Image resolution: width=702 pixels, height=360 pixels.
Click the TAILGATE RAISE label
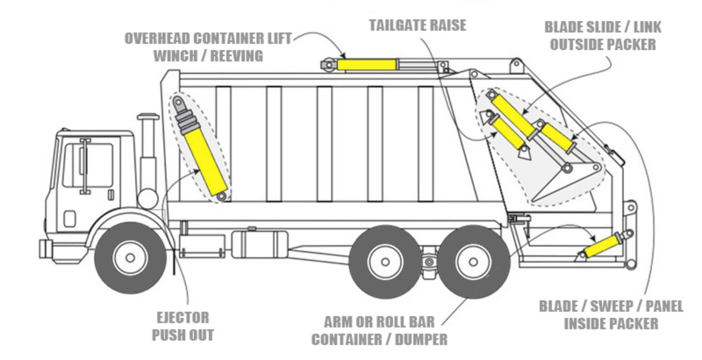(417, 26)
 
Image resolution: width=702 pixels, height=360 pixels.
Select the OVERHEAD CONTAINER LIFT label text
(208, 40)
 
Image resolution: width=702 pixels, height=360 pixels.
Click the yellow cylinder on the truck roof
(366, 65)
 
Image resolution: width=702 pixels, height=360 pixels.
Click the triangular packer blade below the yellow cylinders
(565, 184)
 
